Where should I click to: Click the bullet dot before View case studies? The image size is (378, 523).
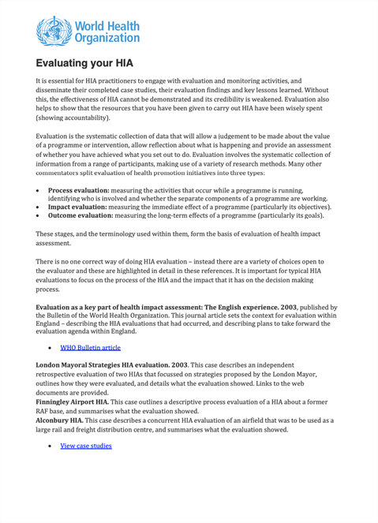(x=50, y=446)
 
